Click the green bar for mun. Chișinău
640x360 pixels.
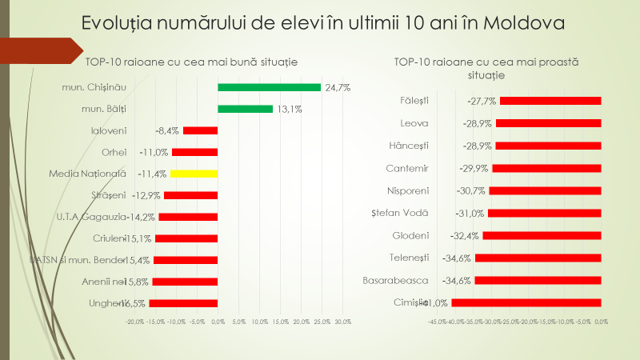coord(269,87)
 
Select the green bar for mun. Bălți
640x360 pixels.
coord(245,109)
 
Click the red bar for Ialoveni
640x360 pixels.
coord(200,130)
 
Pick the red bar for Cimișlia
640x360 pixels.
coord(526,302)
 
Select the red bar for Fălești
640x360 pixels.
coord(550,101)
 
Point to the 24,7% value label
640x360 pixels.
coord(337,87)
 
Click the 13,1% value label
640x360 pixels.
coord(289,109)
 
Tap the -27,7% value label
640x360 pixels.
coord(482,101)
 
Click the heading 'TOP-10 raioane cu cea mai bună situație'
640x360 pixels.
coord(192,61)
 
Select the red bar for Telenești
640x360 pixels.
coord(538,258)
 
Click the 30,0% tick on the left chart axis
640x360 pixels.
coord(342,322)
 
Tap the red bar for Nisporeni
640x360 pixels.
coord(545,190)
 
